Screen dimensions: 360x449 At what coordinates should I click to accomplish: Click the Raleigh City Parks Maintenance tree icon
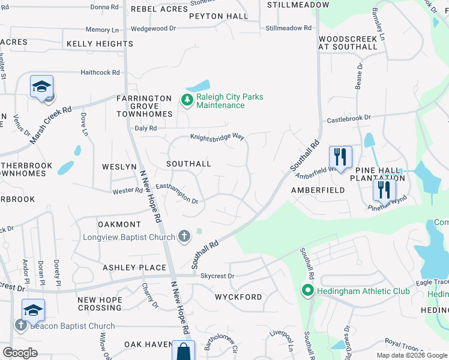pos(187,100)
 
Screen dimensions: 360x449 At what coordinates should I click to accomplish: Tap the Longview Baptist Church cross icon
pos(185,237)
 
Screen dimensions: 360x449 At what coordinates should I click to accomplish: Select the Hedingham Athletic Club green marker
pos(308,292)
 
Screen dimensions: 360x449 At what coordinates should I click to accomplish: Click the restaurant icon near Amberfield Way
pos(340,157)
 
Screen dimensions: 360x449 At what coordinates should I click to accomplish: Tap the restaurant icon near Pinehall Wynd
pos(384,190)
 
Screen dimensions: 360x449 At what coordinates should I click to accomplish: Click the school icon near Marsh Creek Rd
pos(42,86)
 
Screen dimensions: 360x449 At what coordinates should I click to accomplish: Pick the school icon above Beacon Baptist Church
pos(33,310)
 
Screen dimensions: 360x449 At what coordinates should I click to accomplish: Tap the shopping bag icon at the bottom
pos(183,352)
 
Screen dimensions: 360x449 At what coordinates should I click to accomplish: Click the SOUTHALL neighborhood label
pos(188,163)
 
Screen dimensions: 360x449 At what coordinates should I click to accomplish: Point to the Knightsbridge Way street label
pos(217,137)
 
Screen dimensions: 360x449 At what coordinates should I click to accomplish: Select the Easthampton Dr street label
pos(178,193)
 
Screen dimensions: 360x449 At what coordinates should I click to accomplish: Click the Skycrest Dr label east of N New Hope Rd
pos(217,276)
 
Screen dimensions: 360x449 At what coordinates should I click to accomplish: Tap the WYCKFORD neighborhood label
pos(238,297)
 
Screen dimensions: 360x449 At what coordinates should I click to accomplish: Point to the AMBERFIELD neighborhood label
pos(318,190)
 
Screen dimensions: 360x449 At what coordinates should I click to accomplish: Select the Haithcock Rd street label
pos(100,72)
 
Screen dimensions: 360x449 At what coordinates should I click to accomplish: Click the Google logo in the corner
pos(20,353)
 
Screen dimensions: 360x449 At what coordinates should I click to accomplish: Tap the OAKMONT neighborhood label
pos(120,224)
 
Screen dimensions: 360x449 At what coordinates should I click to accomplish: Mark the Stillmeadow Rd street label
pos(289,28)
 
